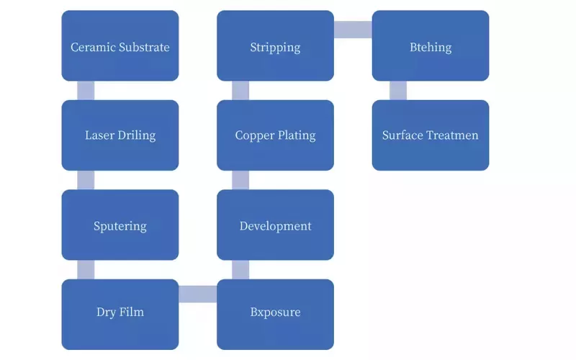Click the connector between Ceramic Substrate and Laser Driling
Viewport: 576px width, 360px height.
86,90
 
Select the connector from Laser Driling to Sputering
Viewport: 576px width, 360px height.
86,180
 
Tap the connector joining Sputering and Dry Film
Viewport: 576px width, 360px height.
86,269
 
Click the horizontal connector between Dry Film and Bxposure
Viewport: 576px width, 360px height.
197,294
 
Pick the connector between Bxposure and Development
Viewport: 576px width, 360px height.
240,269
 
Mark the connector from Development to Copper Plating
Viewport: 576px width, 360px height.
240,180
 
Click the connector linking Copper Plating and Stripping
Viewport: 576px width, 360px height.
240,90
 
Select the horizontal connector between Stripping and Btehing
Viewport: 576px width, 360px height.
353,30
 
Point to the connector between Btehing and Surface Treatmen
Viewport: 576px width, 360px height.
397,90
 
